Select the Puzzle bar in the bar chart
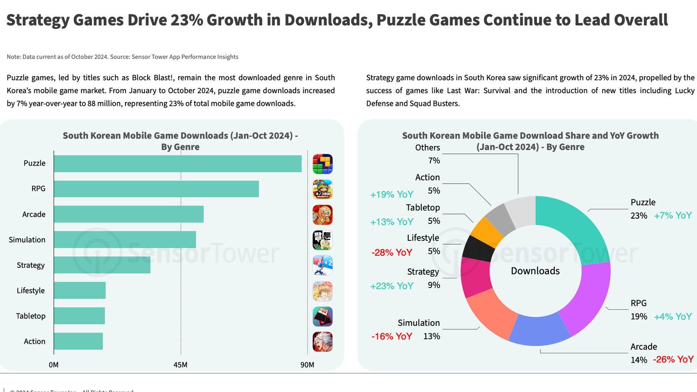point(178,164)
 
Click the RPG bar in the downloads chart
point(156,189)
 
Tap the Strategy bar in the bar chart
point(102,265)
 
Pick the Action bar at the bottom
point(78,341)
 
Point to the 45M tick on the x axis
point(180,365)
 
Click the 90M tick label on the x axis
point(307,365)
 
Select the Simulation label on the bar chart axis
point(27,240)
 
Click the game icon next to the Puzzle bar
point(323,164)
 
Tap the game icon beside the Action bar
point(323,342)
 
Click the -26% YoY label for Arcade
point(673,360)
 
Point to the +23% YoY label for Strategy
point(392,286)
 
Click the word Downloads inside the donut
point(535,271)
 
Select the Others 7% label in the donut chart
point(428,154)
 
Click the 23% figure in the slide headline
point(187,20)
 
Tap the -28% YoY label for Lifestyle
point(392,253)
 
